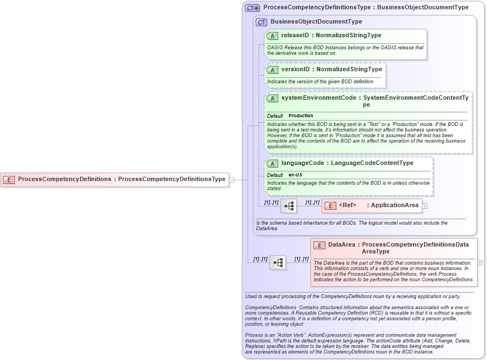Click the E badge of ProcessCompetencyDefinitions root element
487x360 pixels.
pos(9,179)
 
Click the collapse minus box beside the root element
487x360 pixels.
pos(232,179)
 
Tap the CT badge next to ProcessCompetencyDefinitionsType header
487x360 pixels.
pos(253,8)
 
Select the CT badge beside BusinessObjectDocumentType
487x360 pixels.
pos(262,22)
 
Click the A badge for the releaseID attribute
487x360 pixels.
pos(272,36)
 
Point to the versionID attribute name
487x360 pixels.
pos(295,70)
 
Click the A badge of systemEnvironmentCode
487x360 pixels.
pos(272,98)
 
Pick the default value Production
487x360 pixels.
pos(301,116)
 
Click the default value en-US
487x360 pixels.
pos(295,175)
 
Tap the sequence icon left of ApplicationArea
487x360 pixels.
pos(289,206)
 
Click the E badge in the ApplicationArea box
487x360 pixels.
pos(330,206)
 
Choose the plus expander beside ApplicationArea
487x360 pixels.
pos(425,206)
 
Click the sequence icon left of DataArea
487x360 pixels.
pos(278,262)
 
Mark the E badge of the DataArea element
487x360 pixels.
pos(319,245)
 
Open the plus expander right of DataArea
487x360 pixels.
pos(480,262)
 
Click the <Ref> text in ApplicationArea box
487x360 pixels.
pos(347,205)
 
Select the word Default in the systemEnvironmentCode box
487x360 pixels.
pos(275,116)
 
